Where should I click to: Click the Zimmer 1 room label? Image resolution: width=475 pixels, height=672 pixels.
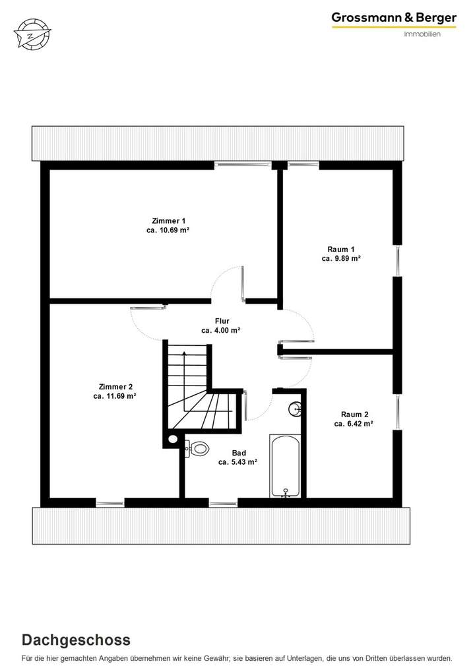click(169, 220)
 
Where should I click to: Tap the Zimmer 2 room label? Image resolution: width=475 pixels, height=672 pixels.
click(115, 386)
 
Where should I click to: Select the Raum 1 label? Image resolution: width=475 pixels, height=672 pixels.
click(341, 249)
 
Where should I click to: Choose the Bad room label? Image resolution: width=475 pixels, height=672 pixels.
click(239, 453)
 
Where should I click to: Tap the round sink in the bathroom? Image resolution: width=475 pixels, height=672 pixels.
click(295, 409)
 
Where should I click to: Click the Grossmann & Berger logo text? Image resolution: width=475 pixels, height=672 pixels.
click(394, 18)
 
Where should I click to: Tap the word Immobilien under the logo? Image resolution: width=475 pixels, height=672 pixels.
click(422, 34)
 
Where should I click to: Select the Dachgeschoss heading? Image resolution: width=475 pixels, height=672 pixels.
click(76, 640)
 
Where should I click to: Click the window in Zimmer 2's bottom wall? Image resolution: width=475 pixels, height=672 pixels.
click(110, 503)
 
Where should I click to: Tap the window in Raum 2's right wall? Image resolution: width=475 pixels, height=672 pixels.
click(398, 411)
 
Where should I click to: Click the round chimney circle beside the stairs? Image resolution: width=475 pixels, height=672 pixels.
click(173, 438)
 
